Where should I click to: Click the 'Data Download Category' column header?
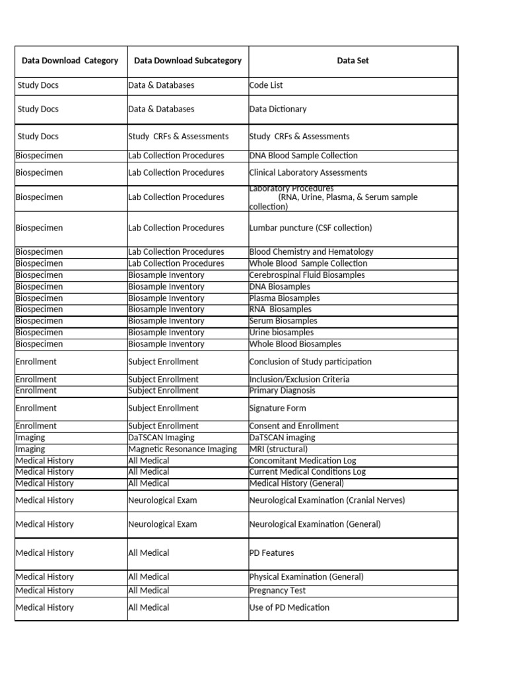point(70,61)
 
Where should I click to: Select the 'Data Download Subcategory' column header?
point(187,61)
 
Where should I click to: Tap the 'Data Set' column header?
point(353,61)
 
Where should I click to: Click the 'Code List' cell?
point(266,85)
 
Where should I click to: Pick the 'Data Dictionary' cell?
point(278,109)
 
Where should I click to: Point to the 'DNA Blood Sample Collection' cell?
point(304,156)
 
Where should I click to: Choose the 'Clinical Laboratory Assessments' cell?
point(308,172)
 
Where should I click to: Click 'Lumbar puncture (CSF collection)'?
point(310,228)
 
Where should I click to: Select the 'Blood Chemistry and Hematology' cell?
point(311,252)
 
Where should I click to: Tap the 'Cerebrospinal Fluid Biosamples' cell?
point(307,275)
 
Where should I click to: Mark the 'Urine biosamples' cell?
point(282,332)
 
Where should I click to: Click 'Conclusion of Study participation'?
point(310,362)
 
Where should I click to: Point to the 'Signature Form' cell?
point(277,408)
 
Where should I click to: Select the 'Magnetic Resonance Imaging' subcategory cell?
point(182,449)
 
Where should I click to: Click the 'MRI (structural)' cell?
point(279,449)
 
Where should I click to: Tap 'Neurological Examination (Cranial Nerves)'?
point(327,500)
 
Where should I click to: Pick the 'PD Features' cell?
point(272,553)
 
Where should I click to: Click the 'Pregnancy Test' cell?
point(277,590)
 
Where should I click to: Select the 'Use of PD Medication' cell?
point(289,607)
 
